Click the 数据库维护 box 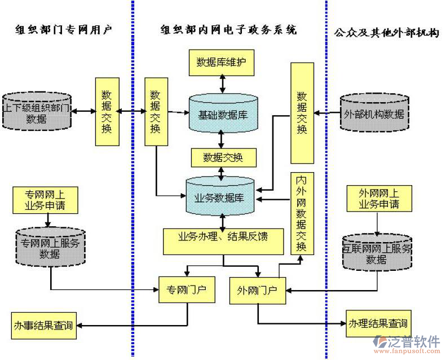221,63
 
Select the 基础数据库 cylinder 223,114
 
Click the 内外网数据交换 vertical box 301,213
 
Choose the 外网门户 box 257,290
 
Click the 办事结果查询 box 43,325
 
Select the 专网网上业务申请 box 44,200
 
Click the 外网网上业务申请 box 378,199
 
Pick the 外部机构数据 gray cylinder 374,113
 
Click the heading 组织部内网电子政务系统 228,30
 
